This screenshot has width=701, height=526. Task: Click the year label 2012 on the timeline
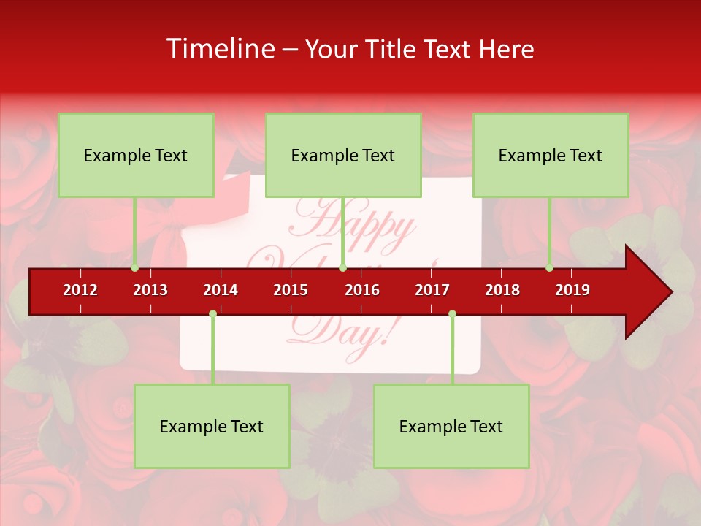pyautogui.click(x=80, y=290)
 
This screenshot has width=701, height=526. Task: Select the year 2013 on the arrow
pyautogui.click(x=150, y=290)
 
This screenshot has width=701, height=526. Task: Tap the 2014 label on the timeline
pyautogui.click(x=221, y=290)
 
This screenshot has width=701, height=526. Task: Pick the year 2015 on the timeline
pyautogui.click(x=291, y=290)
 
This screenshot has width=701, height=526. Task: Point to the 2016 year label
pyautogui.click(x=362, y=290)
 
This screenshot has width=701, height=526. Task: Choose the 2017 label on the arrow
pyautogui.click(x=432, y=290)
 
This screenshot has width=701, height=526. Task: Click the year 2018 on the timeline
pyautogui.click(x=502, y=290)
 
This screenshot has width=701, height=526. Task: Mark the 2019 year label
pyautogui.click(x=572, y=290)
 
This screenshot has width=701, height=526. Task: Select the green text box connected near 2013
pyautogui.click(x=136, y=155)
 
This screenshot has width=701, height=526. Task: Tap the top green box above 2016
pyautogui.click(x=343, y=155)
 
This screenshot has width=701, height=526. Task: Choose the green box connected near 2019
pyautogui.click(x=551, y=155)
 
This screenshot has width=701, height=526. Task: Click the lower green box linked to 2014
pyautogui.click(x=212, y=426)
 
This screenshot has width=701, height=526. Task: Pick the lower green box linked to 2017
pyautogui.click(x=451, y=426)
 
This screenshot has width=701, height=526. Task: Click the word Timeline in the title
pyautogui.click(x=219, y=49)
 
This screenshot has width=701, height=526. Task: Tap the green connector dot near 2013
pyautogui.click(x=135, y=268)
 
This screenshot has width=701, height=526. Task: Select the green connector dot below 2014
pyautogui.click(x=212, y=314)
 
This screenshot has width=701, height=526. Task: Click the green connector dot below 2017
pyautogui.click(x=452, y=314)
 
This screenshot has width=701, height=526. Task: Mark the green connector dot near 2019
pyautogui.click(x=550, y=268)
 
